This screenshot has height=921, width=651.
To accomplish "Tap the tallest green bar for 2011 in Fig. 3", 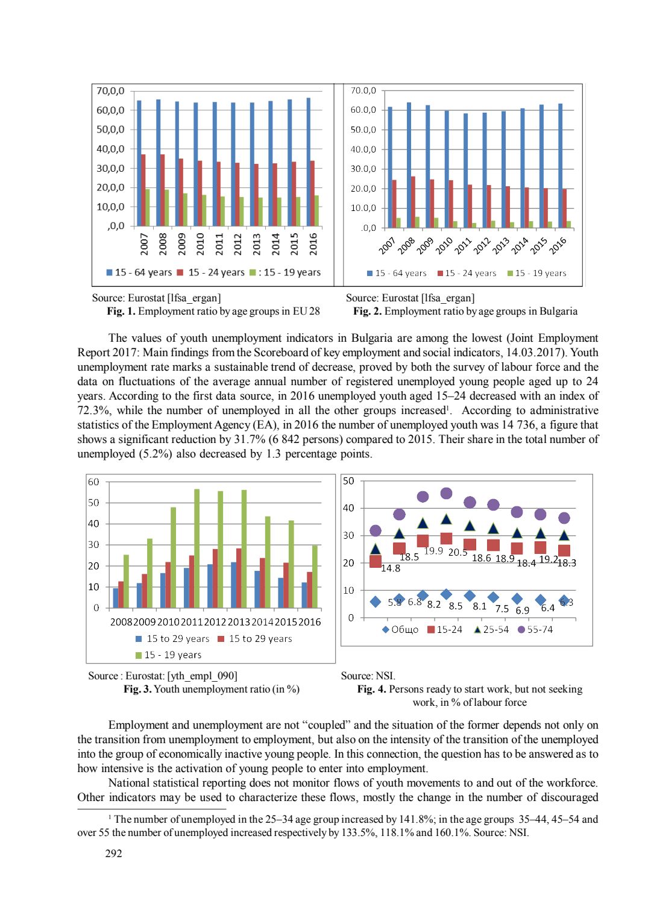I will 197,548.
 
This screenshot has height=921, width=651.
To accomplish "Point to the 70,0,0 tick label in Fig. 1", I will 110,91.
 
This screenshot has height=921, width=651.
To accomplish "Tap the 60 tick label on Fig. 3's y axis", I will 93,482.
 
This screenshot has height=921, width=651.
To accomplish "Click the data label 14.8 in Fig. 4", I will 391,568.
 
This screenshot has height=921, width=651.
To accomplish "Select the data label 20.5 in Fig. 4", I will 458,552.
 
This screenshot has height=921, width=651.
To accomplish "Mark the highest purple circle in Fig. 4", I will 446,494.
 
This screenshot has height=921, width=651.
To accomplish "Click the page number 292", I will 113,853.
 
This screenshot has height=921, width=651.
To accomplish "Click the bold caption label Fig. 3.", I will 137,690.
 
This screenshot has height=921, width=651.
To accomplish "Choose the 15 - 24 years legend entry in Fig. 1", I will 211,273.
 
